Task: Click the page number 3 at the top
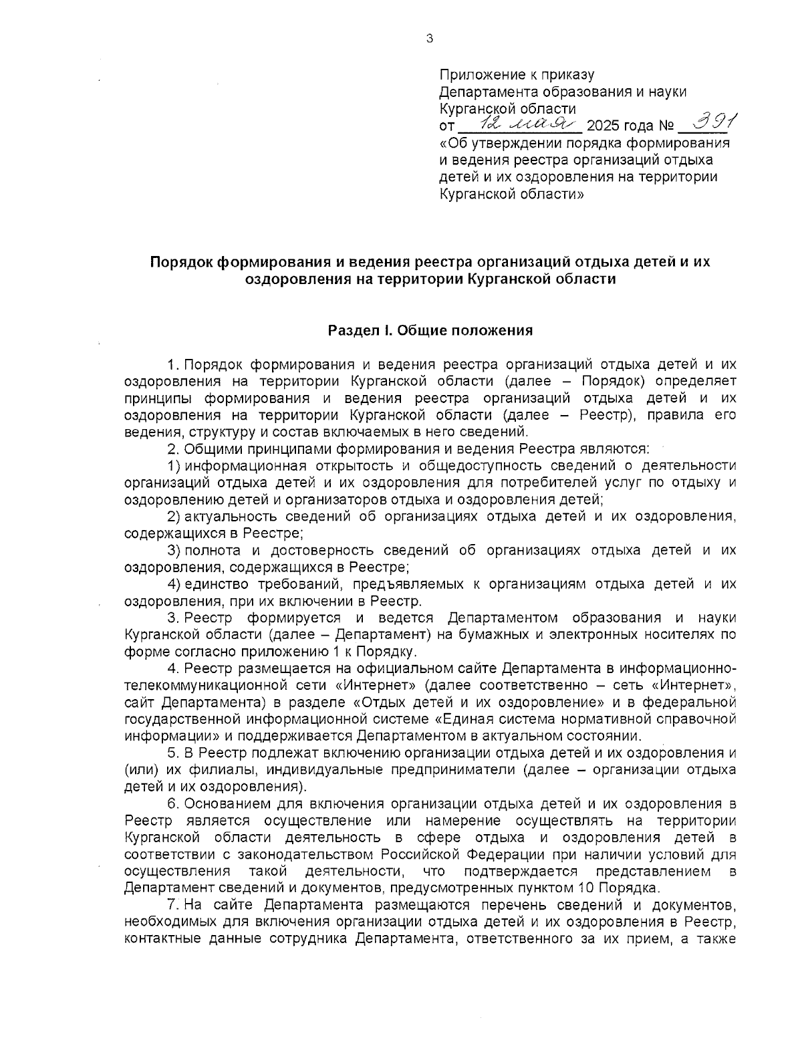[x=429, y=39]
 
